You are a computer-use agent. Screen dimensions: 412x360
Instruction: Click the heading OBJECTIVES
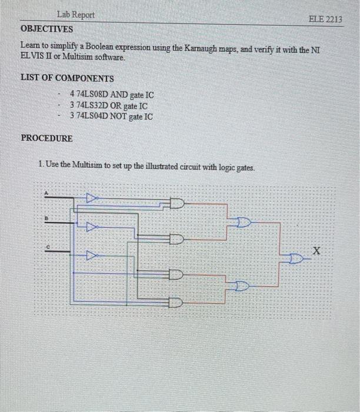(x=47, y=29)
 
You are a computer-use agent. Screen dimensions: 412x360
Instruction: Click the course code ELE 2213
(x=325, y=19)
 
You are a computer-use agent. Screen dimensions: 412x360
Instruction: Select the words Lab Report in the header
(x=76, y=15)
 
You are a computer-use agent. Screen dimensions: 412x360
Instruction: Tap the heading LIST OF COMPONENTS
(x=67, y=78)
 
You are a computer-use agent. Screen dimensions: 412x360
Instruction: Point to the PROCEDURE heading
(x=47, y=139)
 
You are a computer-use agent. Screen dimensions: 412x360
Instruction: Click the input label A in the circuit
(x=46, y=192)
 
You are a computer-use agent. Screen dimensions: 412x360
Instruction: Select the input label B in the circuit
(x=46, y=218)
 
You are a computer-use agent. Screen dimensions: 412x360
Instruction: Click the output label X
(x=317, y=251)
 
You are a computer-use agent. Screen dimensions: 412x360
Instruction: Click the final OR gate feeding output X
(x=298, y=258)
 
